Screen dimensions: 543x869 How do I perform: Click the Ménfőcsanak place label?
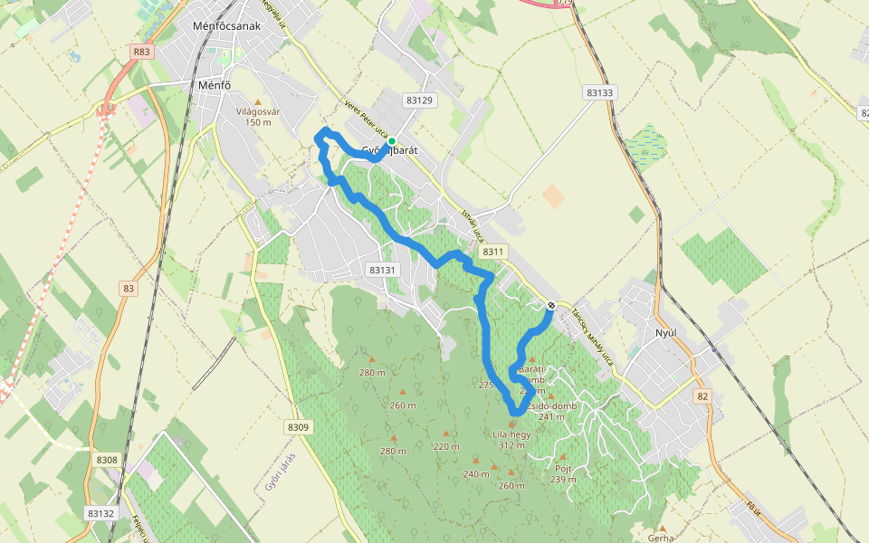pos(227,25)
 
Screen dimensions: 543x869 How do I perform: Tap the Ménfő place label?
pos(215,86)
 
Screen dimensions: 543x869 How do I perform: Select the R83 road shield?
pos(141,52)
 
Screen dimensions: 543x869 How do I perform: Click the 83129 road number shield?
pos(419,100)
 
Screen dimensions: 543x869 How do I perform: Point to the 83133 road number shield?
pos(599,92)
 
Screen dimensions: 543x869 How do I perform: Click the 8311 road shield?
pos(493,252)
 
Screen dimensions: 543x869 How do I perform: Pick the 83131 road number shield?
pos(384,270)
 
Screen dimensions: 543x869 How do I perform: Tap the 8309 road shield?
pos(298,427)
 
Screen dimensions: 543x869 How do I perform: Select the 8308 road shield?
pos(107,460)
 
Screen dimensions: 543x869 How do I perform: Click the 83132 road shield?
pos(101,512)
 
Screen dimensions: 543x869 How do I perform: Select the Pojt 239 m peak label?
pos(563,473)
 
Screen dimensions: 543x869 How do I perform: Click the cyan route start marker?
pos(391,141)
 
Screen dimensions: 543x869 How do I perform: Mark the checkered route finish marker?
pos(550,305)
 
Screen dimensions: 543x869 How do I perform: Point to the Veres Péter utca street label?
pos(367,119)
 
